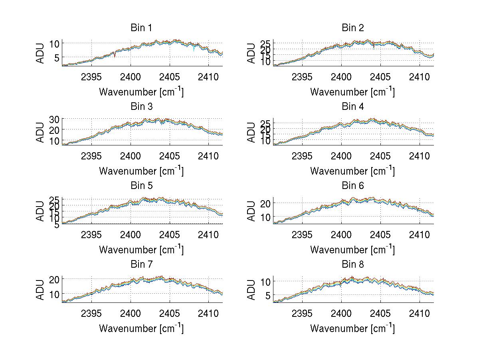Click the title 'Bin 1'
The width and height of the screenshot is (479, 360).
pyautogui.click(x=141, y=28)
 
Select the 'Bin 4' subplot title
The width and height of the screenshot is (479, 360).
pyautogui.click(x=353, y=107)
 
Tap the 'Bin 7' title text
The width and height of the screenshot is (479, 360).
pyautogui.click(x=141, y=265)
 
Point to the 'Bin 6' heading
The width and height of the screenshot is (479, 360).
pyautogui.click(x=353, y=186)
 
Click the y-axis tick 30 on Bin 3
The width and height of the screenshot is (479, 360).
pyautogui.click(x=54, y=119)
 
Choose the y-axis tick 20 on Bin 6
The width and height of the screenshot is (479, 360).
pyautogui.click(x=265, y=203)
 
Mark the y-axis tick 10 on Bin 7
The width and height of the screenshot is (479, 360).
pyautogui.click(x=54, y=294)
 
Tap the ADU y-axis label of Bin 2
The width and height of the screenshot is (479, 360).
pyautogui.click(x=251, y=53)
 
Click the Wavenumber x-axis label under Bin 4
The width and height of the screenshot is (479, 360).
pyautogui.click(x=352, y=171)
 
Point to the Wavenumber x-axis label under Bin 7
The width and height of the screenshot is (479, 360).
pyautogui.click(x=141, y=328)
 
